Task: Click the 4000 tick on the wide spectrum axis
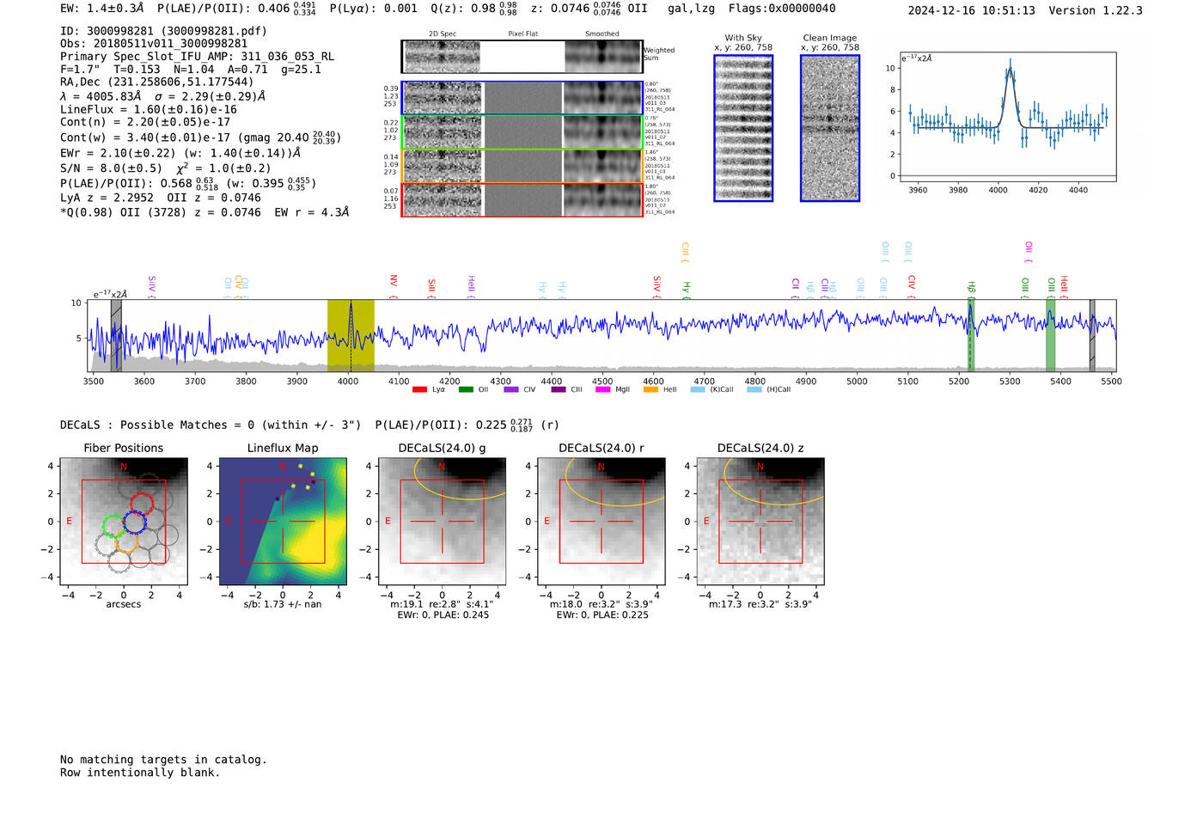coord(348,381)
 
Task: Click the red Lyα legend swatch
coord(419,389)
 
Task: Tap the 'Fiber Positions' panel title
coord(123,448)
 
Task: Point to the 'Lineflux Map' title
coord(283,448)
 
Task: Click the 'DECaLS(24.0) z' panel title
coord(760,448)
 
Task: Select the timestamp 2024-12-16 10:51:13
coord(971,10)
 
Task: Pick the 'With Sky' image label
coord(743,38)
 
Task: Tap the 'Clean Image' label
coord(830,38)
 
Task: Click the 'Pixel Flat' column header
coord(522,34)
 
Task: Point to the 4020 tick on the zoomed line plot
coord(1038,190)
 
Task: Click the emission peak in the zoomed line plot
coord(1011,62)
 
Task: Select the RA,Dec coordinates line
coord(156,82)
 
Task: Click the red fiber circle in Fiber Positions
coord(142,503)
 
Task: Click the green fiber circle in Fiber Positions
coord(113,525)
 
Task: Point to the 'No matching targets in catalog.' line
coord(163,759)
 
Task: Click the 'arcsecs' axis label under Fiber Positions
coord(123,604)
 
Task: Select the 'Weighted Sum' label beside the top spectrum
coord(659,54)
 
